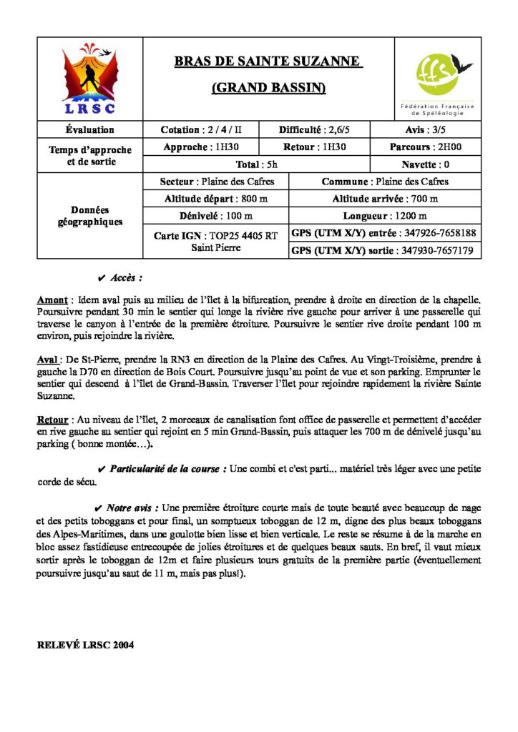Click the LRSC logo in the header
pyautogui.click(x=89, y=80)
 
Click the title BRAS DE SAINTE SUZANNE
pyautogui.click(x=268, y=62)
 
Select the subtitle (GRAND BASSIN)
pyautogui.click(x=268, y=89)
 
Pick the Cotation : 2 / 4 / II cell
pyautogui.click(x=201, y=130)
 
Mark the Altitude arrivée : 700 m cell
pyautogui.click(x=385, y=199)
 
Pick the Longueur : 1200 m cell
pyautogui.click(x=385, y=216)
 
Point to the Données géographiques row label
pyautogui.click(x=89, y=216)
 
